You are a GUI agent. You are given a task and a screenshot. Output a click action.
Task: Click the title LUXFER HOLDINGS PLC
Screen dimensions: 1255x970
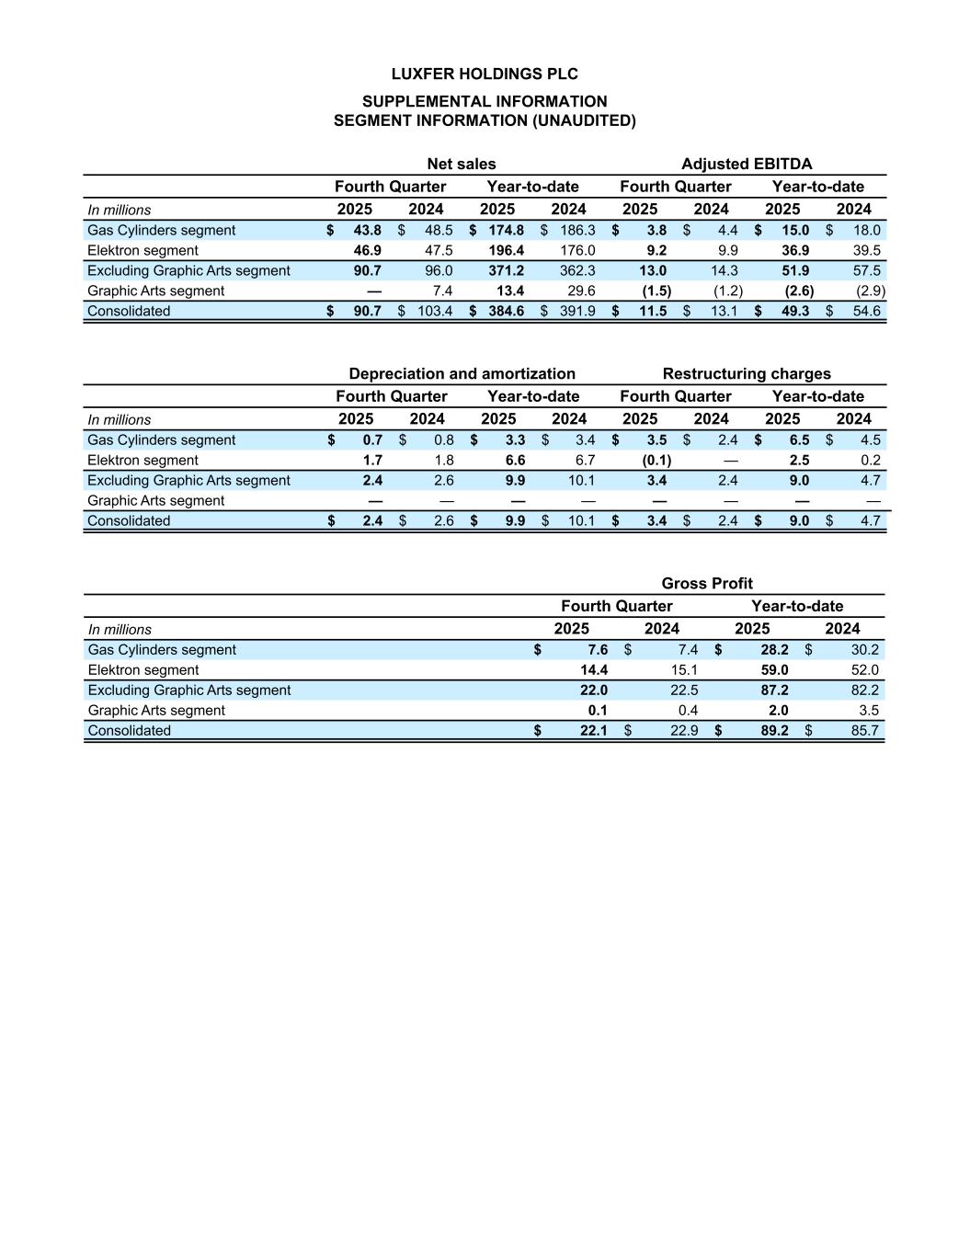[x=485, y=74]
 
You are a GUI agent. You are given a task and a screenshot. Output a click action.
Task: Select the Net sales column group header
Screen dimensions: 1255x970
[x=461, y=165]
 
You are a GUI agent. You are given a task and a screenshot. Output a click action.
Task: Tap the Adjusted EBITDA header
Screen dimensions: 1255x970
[x=746, y=165]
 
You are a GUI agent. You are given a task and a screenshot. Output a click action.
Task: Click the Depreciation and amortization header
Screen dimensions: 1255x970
[x=462, y=374]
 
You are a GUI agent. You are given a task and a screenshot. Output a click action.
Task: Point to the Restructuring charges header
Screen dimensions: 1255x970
[x=746, y=374]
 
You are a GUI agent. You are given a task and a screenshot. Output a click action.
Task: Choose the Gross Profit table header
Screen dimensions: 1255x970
[x=706, y=584]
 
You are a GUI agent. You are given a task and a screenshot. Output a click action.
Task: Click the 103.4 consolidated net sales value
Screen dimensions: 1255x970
[x=435, y=312]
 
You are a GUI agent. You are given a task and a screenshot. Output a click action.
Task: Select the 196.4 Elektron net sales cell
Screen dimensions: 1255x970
[x=507, y=251]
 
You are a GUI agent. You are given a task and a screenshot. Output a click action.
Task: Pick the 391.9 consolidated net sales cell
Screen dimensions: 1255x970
[x=577, y=312]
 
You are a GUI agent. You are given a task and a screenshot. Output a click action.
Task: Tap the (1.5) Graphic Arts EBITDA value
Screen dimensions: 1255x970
[x=656, y=291]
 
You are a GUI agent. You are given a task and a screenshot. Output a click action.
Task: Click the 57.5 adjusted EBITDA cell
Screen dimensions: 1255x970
[x=866, y=271]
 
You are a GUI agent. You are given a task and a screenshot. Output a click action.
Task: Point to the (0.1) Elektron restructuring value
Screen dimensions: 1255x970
[x=656, y=461]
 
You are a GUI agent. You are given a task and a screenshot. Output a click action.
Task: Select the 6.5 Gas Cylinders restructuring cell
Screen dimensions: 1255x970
[x=799, y=440]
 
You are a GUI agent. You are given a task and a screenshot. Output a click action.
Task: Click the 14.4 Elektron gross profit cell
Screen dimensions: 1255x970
[x=594, y=670]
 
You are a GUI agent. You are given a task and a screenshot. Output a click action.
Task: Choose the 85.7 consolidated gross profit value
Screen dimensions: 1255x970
[x=865, y=731]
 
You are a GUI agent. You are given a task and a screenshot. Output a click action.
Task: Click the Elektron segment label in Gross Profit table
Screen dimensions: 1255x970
[x=143, y=670]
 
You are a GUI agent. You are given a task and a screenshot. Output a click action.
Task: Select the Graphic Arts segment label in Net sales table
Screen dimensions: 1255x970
[x=155, y=291]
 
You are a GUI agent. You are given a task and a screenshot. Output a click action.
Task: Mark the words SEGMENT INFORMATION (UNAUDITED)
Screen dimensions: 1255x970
[x=485, y=120]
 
